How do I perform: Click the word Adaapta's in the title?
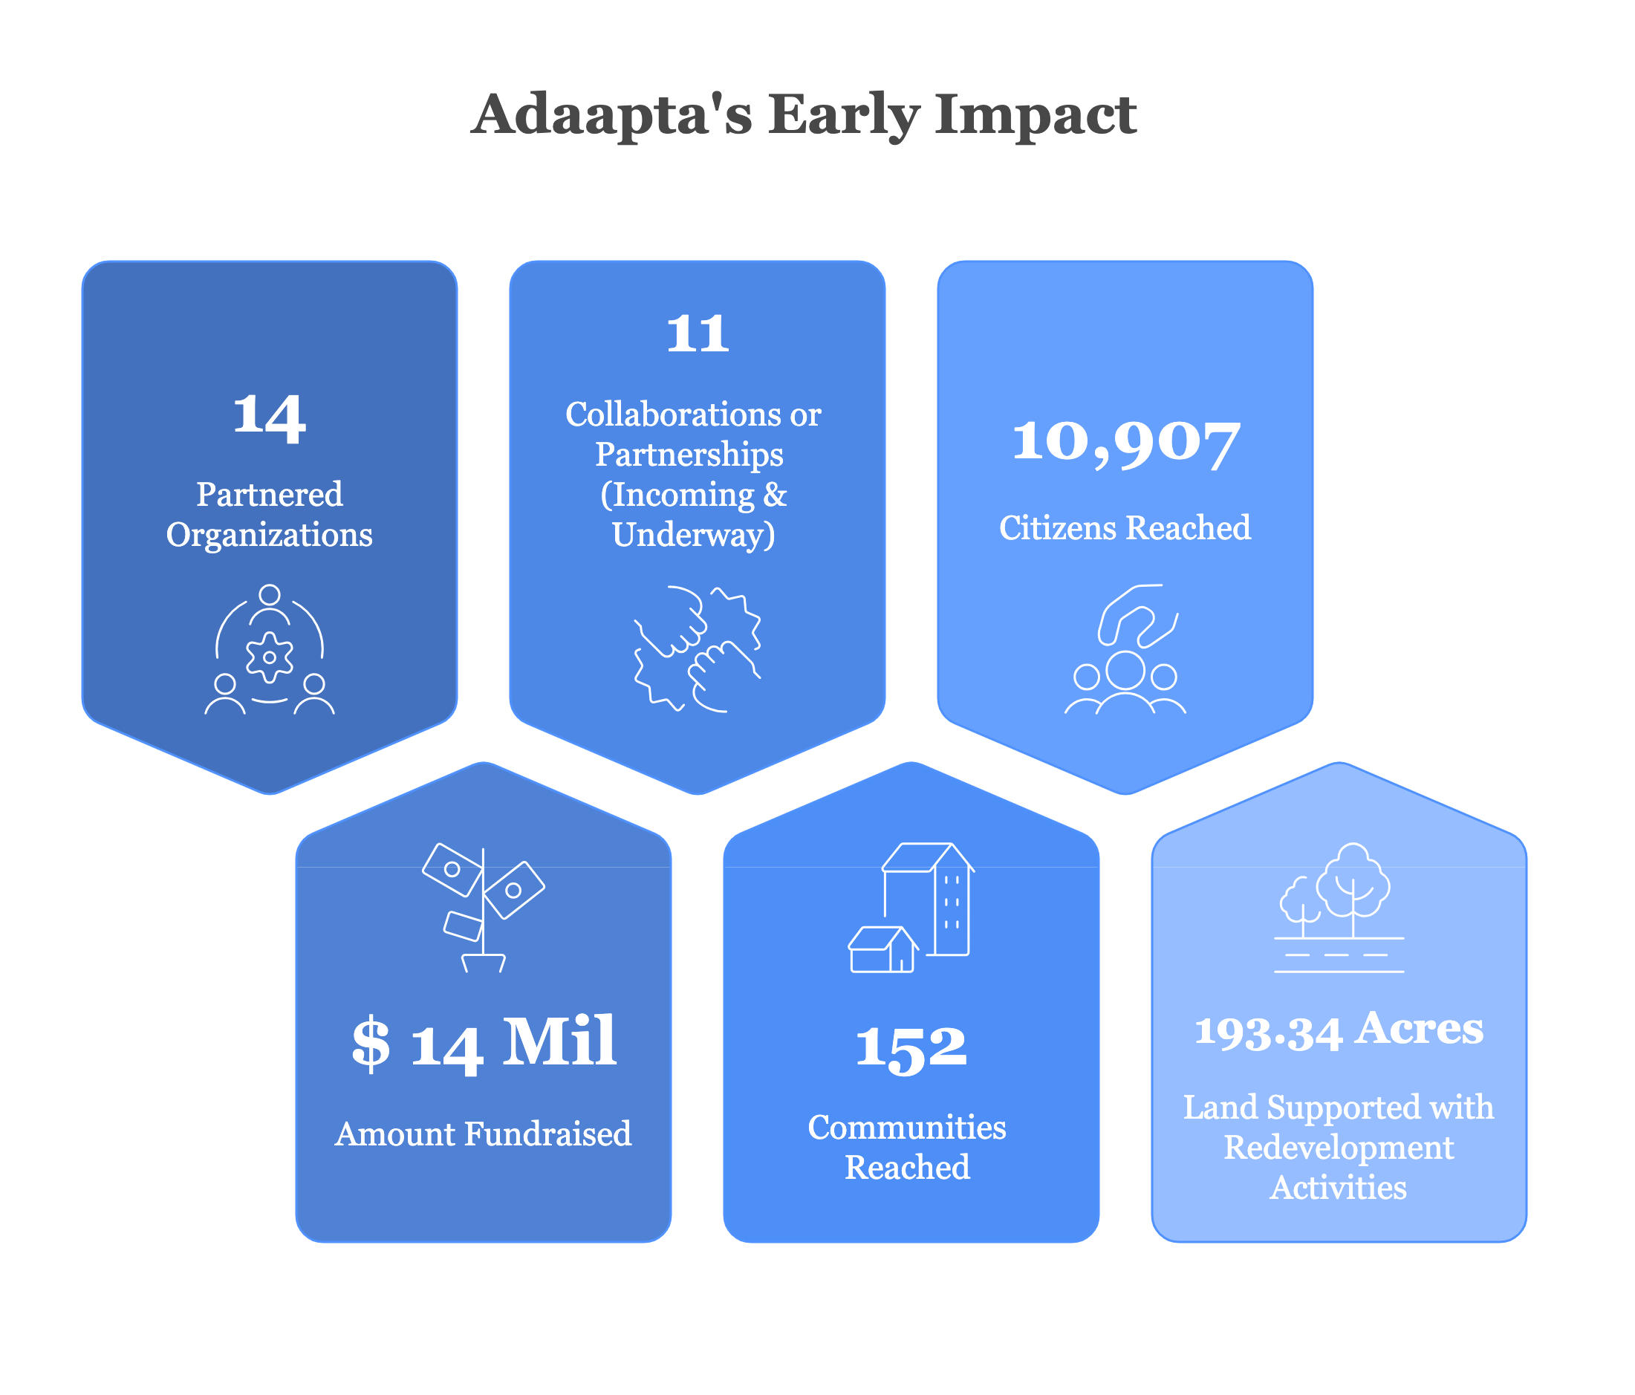coord(611,114)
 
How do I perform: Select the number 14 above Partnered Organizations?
coord(269,416)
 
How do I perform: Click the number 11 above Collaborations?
coord(698,333)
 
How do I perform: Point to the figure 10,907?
coord(1125,442)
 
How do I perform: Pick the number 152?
coord(911,1049)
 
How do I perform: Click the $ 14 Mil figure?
coord(483,1043)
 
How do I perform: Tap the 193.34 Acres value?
coord(1339,1030)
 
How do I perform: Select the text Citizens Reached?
coord(1125,528)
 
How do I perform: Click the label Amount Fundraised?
coord(483,1134)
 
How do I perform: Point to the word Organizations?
coord(269,536)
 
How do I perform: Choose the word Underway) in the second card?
coord(694,536)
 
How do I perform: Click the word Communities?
coord(907,1128)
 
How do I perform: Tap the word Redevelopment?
coord(1339,1148)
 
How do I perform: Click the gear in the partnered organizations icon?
coord(269,657)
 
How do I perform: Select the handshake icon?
coord(697,649)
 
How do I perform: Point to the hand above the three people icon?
coord(1137,616)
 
